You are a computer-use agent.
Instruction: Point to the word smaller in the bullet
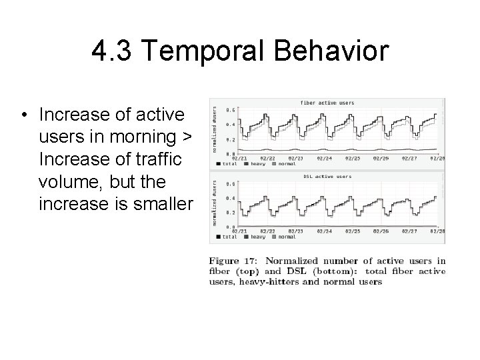pos(159,202)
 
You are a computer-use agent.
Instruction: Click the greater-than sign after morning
pos(187,137)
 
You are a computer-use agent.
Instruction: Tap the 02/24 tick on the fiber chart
pos(324,158)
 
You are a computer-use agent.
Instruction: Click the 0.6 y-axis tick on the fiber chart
pos(231,109)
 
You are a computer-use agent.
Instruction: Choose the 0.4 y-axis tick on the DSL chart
pos(231,197)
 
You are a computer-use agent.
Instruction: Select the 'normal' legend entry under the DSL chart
pos(287,237)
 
